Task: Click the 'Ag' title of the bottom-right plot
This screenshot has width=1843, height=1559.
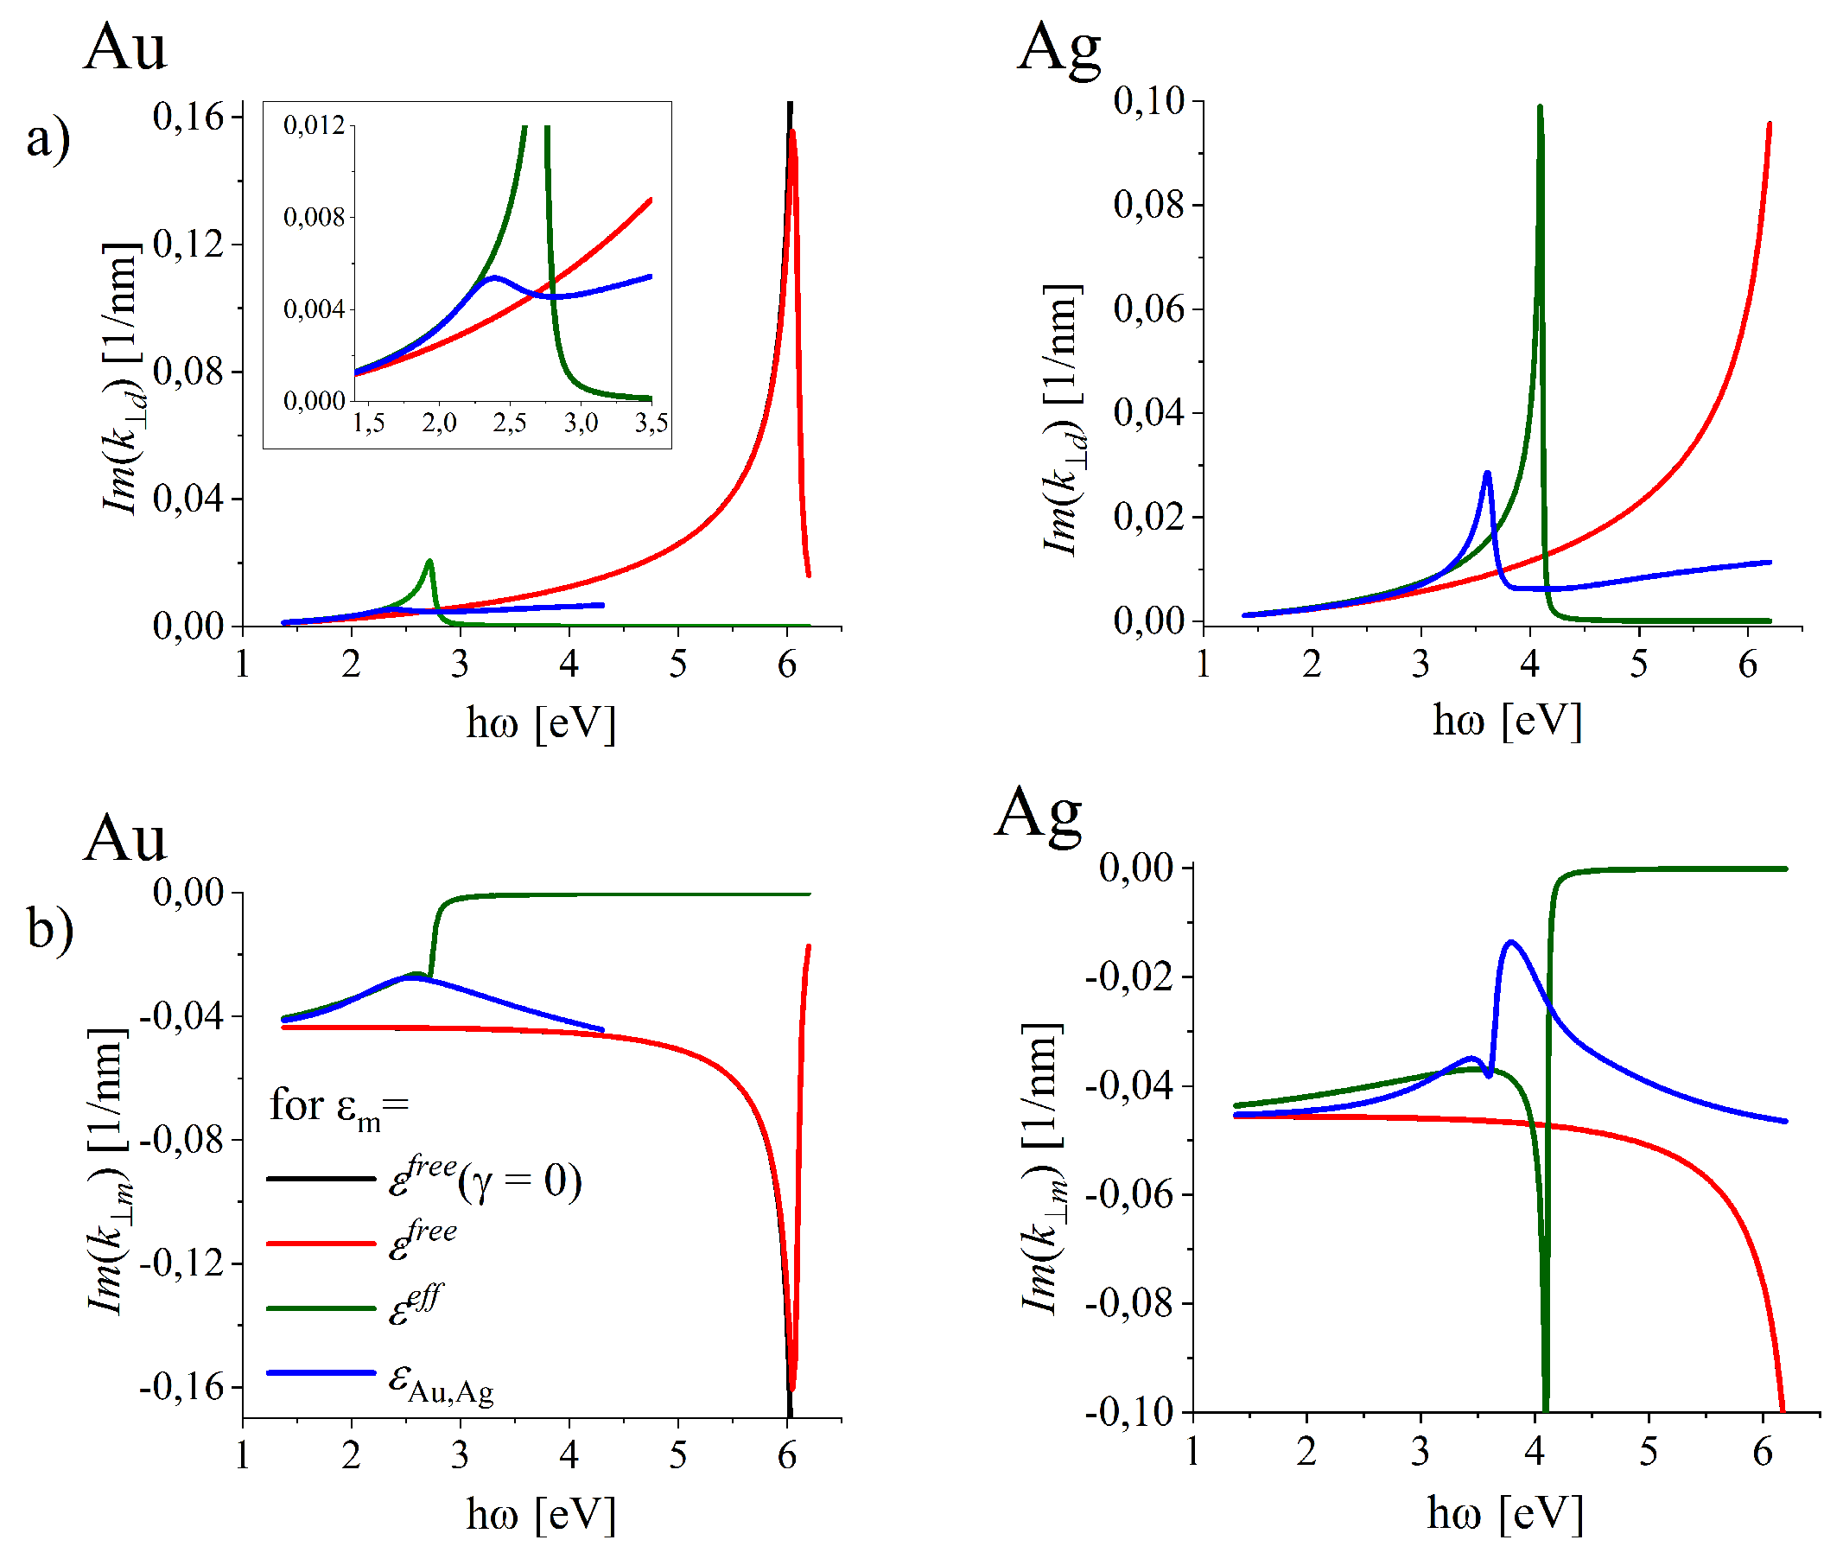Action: coord(1037,814)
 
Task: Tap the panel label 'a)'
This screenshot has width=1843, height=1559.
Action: coord(48,139)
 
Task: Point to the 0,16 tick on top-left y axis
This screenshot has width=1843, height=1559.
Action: coord(188,117)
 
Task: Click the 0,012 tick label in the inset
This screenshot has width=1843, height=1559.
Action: coord(314,125)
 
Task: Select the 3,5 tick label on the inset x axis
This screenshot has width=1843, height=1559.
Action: coord(651,423)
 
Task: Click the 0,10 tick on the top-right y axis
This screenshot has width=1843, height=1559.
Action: coord(1147,101)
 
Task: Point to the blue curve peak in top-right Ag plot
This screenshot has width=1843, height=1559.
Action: coord(1488,474)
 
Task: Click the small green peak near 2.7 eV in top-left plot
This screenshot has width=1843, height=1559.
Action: coord(429,562)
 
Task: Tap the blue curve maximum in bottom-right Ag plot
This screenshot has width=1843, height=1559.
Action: coord(1512,943)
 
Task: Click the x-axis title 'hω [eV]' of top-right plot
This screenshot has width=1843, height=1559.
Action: coord(1506,722)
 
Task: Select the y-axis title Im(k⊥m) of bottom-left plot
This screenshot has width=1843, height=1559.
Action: coord(108,1171)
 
